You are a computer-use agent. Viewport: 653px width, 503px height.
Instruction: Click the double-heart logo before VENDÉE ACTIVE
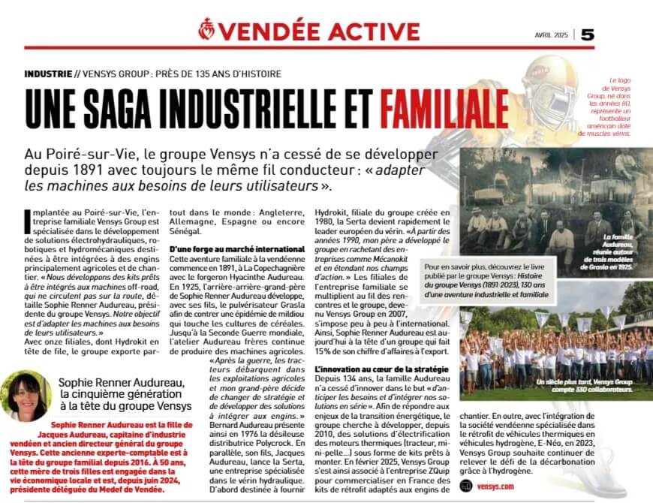click(x=206, y=30)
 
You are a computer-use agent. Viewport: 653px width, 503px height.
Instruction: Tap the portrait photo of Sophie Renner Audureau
click(x=26, y=396)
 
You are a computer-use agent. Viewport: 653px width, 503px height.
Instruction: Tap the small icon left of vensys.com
click(x=466, y=486)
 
